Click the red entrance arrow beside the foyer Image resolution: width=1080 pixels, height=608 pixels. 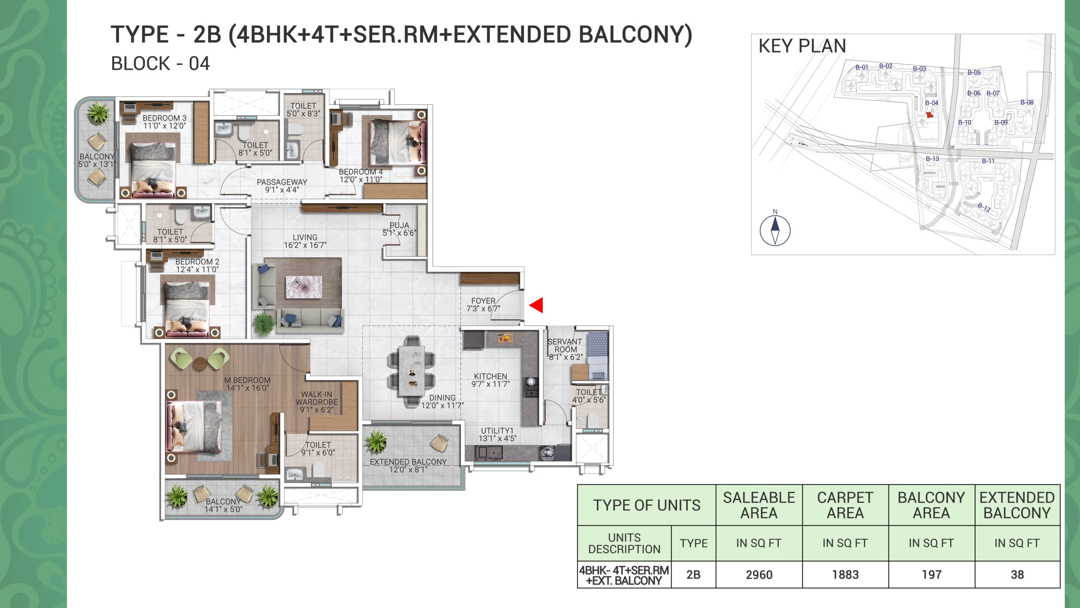coord(536,305)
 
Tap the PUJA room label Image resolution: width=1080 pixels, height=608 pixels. coord(399,225)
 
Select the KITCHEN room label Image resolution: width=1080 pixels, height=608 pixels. coord(490,376)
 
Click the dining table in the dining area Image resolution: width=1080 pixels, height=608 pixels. coord(411,372)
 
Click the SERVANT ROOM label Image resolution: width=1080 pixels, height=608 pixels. coord(565,345)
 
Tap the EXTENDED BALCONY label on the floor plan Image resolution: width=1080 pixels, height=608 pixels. coord(408,462)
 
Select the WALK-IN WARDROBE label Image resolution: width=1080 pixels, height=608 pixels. coord(316,398)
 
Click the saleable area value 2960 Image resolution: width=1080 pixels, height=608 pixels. coord(759,575)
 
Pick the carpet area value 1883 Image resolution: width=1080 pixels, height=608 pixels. coord(845,575)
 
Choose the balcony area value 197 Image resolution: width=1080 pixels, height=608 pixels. coord(931,575)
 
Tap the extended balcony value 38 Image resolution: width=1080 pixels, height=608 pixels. coord(1017,575)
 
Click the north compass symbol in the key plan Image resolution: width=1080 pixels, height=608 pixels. coord(775,231)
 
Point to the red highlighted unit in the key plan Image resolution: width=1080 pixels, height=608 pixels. coord(929,114)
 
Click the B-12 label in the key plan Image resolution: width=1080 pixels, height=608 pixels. coord(984,207)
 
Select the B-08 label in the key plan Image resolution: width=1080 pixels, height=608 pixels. coord(1027,102)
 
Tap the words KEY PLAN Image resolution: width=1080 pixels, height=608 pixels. coord(802,46)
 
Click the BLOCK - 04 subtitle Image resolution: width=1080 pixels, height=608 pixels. coord(160,64)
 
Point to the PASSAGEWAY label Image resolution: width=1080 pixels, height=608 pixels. coord(282,182)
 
